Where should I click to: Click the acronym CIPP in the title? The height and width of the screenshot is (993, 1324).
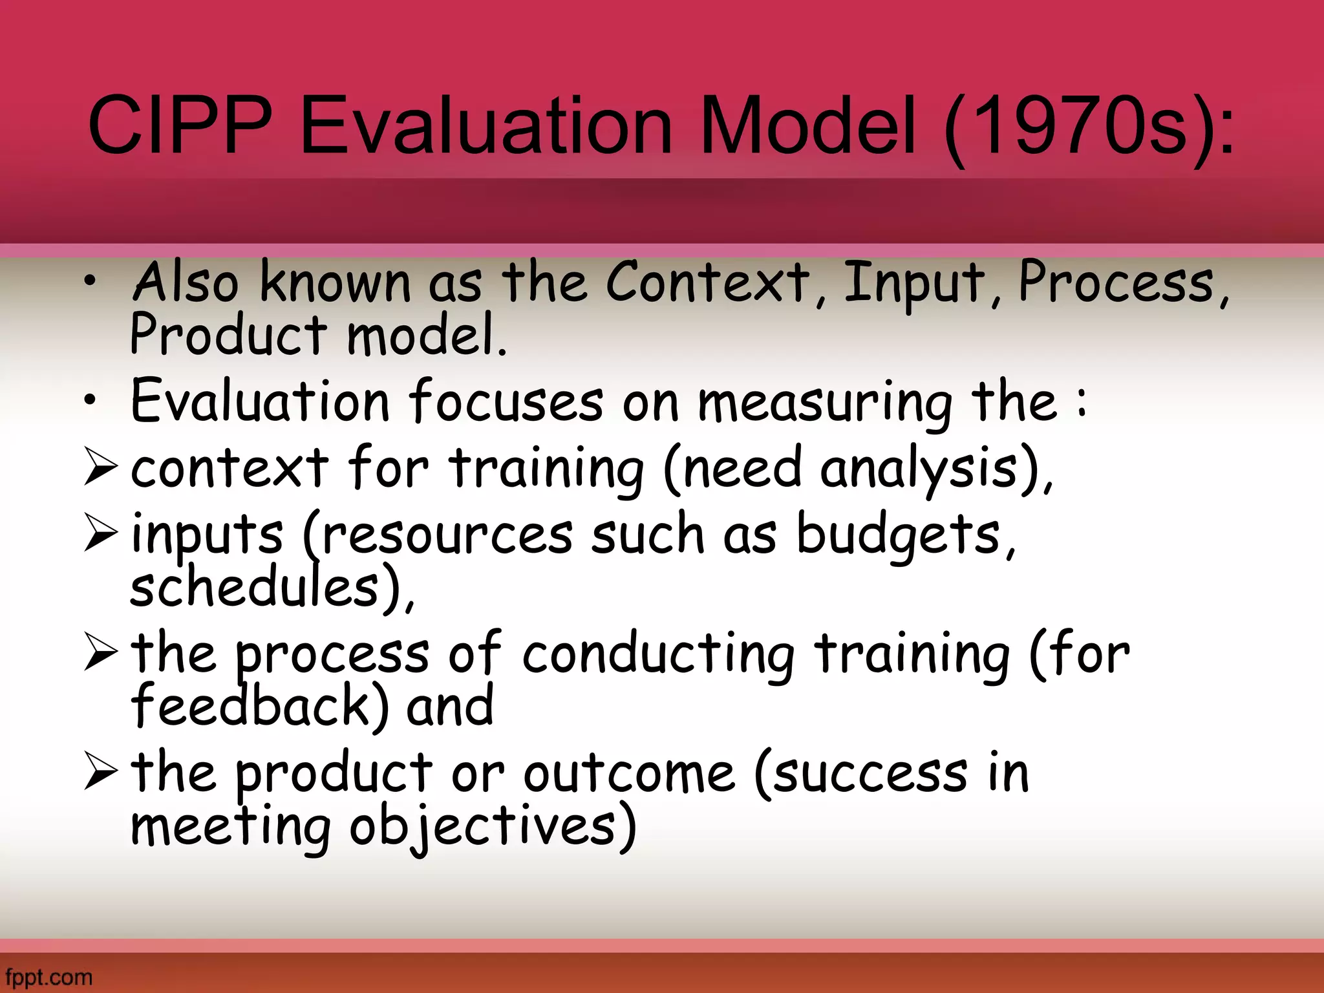tap(179, 126)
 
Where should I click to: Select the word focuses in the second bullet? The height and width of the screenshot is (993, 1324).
tap(506, 402)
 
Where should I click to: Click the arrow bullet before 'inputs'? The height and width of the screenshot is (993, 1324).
tap(101, 535)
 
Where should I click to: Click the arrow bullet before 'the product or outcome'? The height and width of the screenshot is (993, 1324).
tap(101, 773)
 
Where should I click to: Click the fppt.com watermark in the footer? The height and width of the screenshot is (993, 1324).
tap(48, 977)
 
